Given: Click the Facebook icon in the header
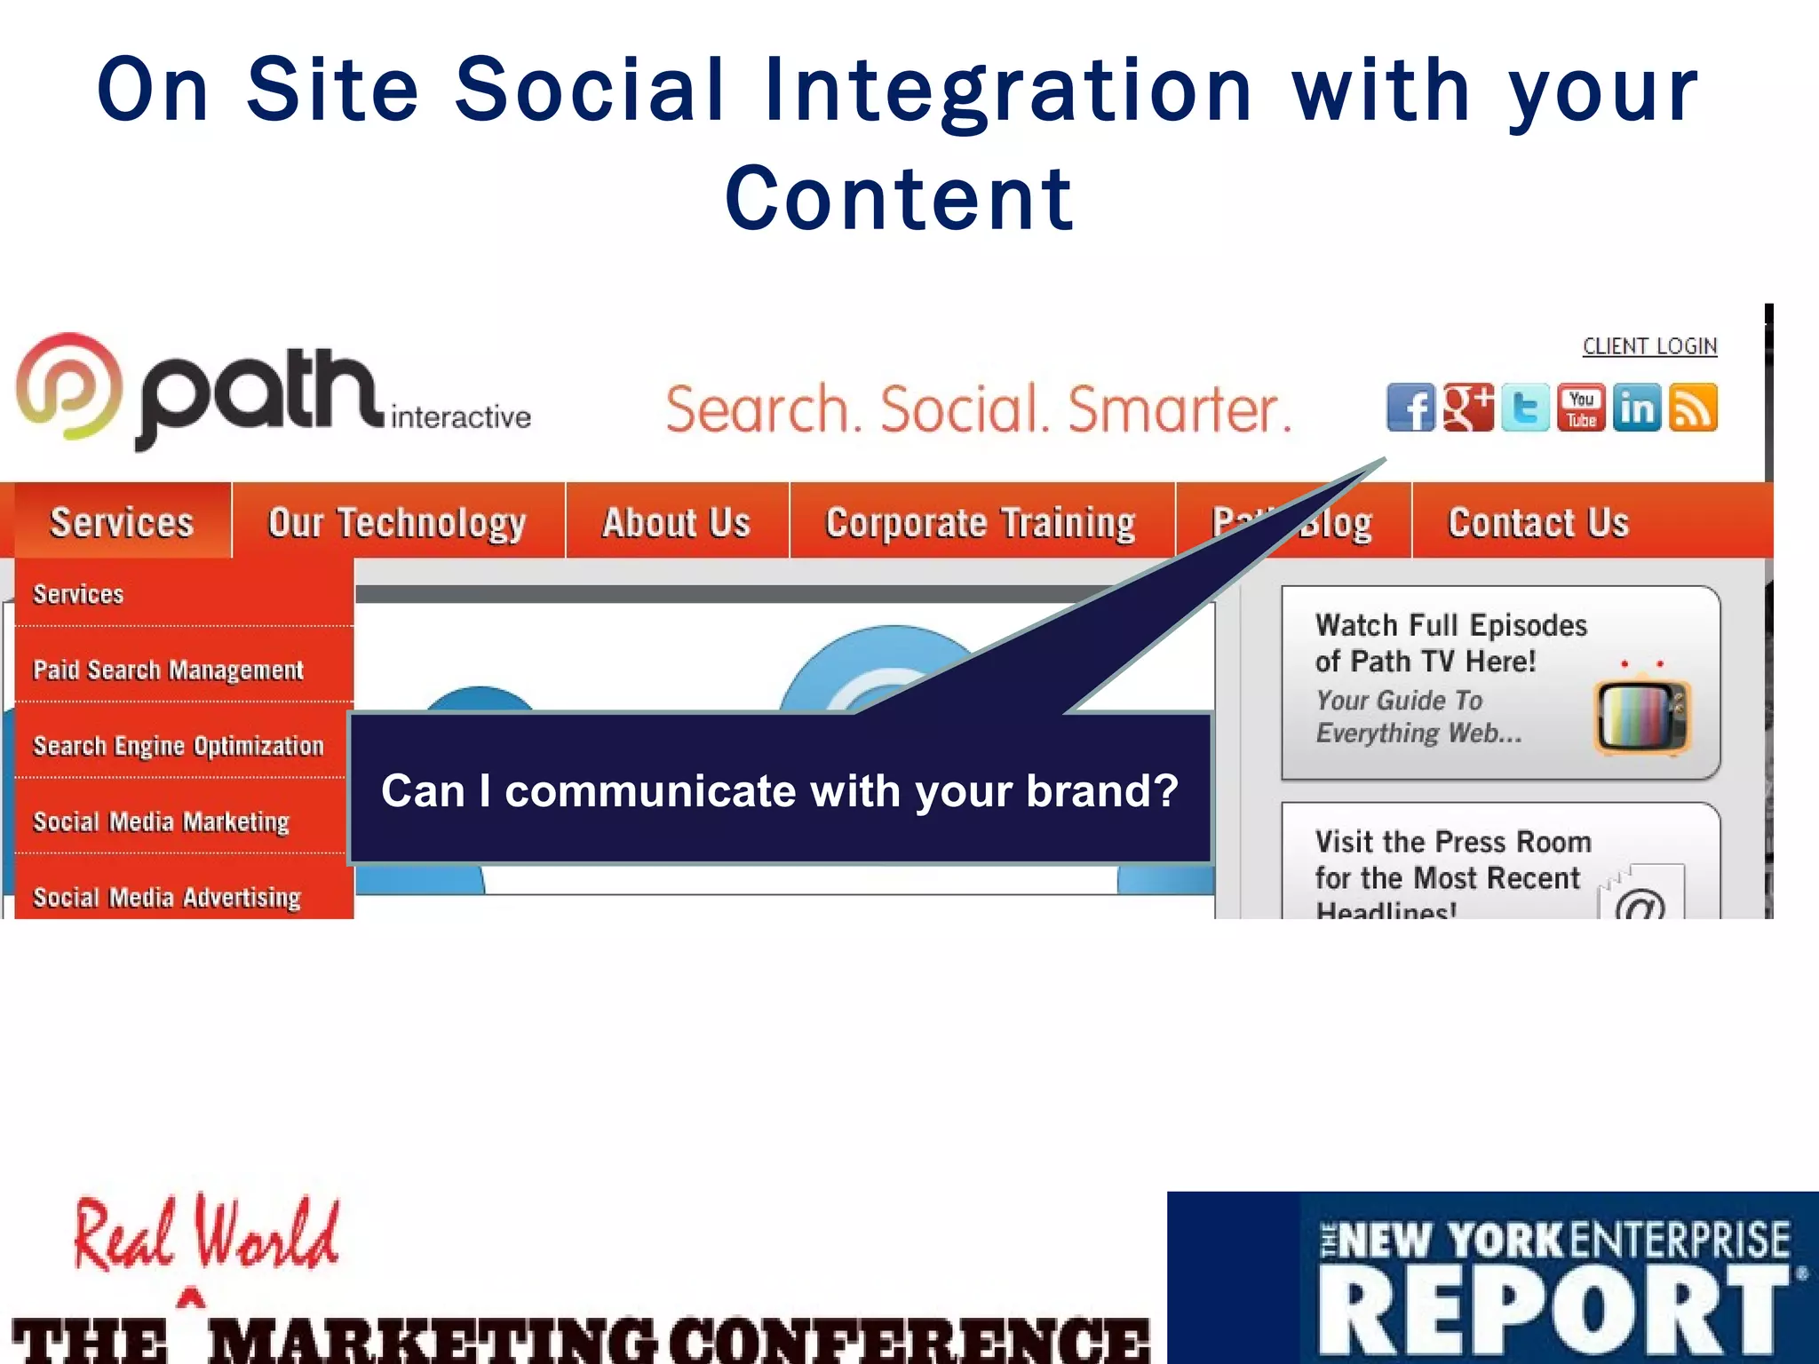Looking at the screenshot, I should pos(1410,408).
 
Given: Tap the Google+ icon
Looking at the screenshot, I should pos(1468,408).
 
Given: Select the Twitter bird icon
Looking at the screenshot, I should pos(1525,408).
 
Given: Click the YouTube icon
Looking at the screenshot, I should pos(1581,408).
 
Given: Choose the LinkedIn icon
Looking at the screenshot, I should pos(1637,408).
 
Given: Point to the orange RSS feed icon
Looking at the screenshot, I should pos(1693,408).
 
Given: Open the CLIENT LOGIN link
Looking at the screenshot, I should pos(1649,346).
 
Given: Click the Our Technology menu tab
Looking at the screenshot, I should pos(397,522).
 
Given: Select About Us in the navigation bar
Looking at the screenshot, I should pos(676,522).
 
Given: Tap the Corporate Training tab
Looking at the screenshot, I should pos(981,522).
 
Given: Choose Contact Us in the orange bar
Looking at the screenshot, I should pos(1538,522).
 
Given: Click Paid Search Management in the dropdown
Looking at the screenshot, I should pos(168,670).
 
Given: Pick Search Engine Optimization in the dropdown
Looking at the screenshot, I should pos(179,746).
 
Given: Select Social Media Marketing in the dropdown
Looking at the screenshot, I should pos(161,821).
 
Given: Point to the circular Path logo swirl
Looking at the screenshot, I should pos(68,386).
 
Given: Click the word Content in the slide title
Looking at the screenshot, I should pos(899,199).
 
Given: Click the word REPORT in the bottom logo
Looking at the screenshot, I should pos(1553,1311).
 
